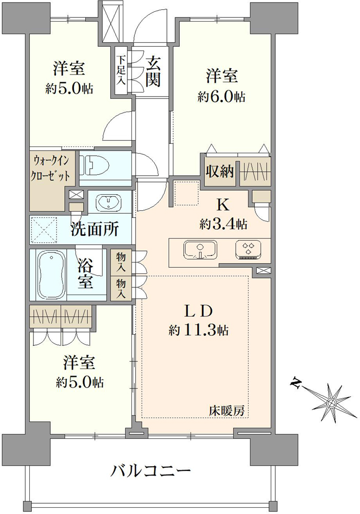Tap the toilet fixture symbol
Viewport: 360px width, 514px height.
[x=94, y=165]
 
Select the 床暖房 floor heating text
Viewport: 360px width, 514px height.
[x=227, y=411]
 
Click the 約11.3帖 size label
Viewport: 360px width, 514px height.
[x=199, y=331]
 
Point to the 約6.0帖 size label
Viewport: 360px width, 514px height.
[x=221, y=97]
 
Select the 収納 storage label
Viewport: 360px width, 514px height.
[x=220, y=171]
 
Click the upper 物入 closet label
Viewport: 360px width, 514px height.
[x=121, y=262]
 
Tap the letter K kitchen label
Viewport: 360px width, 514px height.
[x=223, y=206]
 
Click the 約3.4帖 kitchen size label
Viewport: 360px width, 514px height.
[x=223, y=224]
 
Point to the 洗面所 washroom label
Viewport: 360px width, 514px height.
[x=94, y=229]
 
